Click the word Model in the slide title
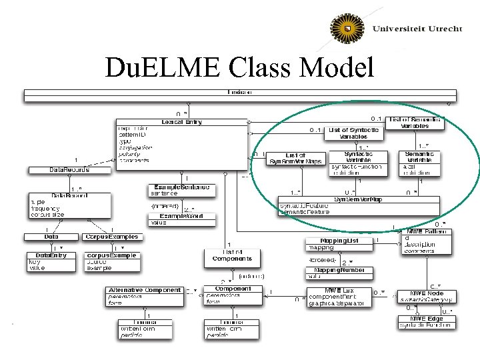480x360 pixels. pos(338,67)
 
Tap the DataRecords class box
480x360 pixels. pos(59,170)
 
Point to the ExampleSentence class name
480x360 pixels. pos(181,187)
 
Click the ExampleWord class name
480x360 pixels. pos(181,216)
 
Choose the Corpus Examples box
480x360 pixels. pos(111,237)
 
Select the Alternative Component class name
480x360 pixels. pos(144,290)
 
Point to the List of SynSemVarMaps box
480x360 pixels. pos(294,158)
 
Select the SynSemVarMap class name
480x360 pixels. pos(358,199)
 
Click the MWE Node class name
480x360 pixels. pos(426,294)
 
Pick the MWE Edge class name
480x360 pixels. pos(426,319)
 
